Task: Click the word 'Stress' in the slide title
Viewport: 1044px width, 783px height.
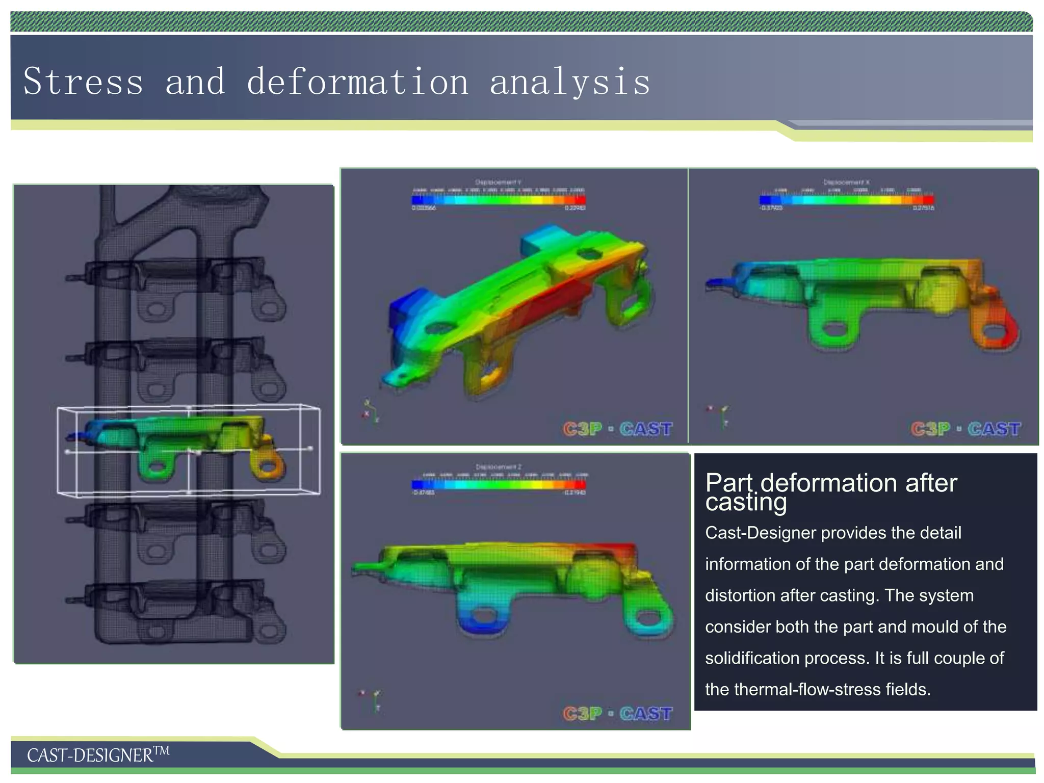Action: tap(83, 82)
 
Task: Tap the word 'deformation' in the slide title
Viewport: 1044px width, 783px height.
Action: tap(357, 82)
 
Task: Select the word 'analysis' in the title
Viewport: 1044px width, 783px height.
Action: tap(569, 83)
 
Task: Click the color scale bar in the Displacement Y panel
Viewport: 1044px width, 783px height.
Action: tap(499, 200)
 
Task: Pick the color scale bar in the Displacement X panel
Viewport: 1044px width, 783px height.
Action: tap(846, 200)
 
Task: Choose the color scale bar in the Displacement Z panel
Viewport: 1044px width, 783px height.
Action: tap(499, 484)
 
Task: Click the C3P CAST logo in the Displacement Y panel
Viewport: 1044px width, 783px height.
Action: tap(618, 429)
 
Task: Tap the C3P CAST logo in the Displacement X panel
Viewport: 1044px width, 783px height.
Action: tap(965, 429)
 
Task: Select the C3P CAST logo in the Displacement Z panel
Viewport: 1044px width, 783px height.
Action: tap(618, 713)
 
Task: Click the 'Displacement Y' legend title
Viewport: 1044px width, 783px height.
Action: tap(498, 182)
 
